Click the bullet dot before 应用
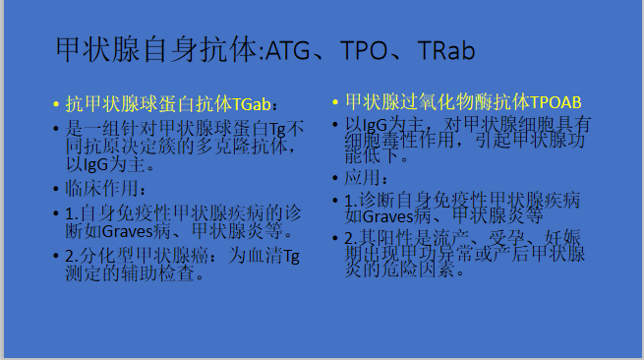tap(334, 179)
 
